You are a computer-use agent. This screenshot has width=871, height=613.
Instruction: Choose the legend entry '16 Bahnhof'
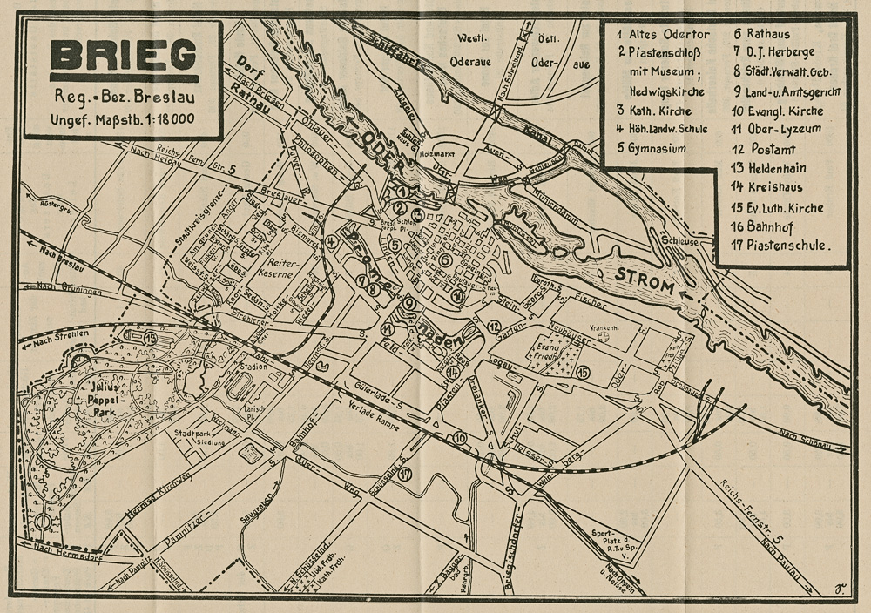(x=766, y=226)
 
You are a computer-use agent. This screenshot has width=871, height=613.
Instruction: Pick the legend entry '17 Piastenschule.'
(x=779, y=246)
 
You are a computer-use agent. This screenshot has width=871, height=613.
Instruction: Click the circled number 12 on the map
(x=494, y=327)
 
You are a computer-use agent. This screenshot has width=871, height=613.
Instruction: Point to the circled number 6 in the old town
(x=445, y=259)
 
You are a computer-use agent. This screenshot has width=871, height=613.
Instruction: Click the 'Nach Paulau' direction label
(x=780, y=547)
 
